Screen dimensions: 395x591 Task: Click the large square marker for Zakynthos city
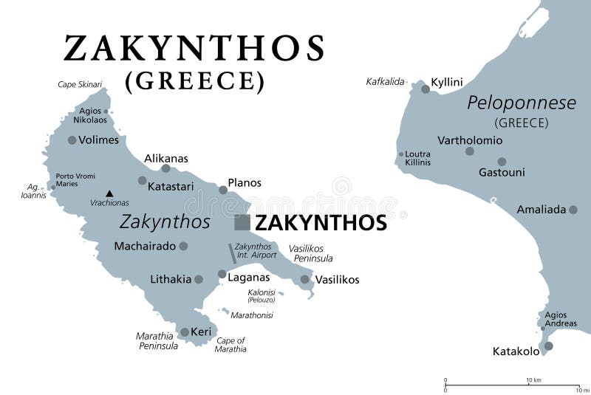(242, 222)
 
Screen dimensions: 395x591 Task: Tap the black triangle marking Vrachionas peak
(109, 194)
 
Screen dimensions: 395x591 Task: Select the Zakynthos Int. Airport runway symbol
(232, 253)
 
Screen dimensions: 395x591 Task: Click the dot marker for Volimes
(72, 140)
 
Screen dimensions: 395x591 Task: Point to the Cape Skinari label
(80, 85)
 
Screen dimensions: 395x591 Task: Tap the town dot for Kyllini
(426, 89)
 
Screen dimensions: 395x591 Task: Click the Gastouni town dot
(502, 162)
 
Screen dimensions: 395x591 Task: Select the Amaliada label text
(541, 210)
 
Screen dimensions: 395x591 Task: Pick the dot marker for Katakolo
(548, 346)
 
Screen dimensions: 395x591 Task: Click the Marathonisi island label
(252, 315)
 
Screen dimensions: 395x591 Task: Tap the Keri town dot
(185, 332)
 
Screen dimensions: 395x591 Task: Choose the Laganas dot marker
(222, 274)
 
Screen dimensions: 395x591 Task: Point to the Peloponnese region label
(522, 103)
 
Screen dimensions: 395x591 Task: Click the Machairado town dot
(183, 246)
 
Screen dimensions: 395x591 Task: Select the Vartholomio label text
(470, 140)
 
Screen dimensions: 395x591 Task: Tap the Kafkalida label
(386, 81)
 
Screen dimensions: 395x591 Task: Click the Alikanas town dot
(165, 168)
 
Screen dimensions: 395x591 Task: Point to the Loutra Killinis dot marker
(401, 154)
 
